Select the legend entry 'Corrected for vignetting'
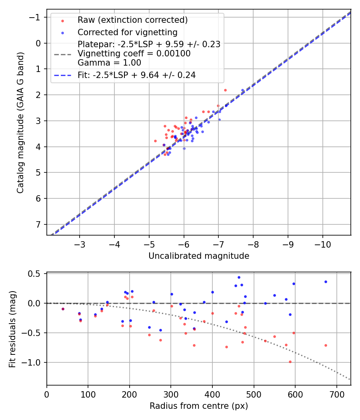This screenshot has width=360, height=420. click(127, 32)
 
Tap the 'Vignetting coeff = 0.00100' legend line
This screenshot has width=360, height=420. click(134, 54)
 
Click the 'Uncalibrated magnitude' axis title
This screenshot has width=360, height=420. click(199, 256)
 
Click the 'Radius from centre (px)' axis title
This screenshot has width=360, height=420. click(199, 406)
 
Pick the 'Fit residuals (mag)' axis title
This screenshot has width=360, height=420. click(12, 329)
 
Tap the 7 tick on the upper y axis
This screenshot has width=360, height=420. click(39, 224)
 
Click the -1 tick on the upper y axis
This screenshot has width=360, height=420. click(37, 17)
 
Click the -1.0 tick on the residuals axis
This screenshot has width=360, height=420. click(34, 362)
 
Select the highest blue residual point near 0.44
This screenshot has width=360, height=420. click(239, 277)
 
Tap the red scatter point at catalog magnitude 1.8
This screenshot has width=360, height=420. click(225, 90)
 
